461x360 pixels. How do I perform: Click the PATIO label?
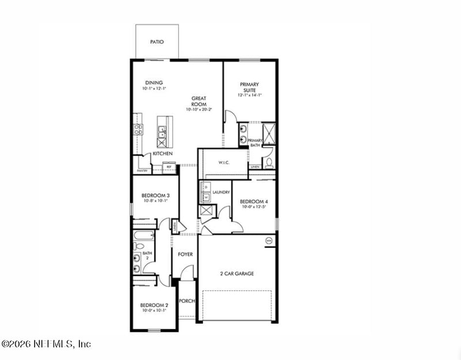click(157, 42)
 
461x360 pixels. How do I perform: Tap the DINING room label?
click(154, 82)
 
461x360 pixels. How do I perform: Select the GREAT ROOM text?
click(199, 101)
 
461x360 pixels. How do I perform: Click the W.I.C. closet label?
click(224, 162)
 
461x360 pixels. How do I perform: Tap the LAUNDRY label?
click(221, 192)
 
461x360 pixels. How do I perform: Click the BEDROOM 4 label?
click(254, 202)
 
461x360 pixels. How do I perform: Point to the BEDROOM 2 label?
click(154, 305)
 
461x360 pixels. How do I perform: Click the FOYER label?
click(186, 254)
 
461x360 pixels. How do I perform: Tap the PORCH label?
click(187, 301)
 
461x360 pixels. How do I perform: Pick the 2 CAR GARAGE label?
click(237, 274)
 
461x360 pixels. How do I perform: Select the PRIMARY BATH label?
click(255, 143)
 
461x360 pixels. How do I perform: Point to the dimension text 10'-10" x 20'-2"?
click(199, 109)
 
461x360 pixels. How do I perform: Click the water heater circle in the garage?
click(269, 240)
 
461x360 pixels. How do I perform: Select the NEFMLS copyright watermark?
click(46, 344)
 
